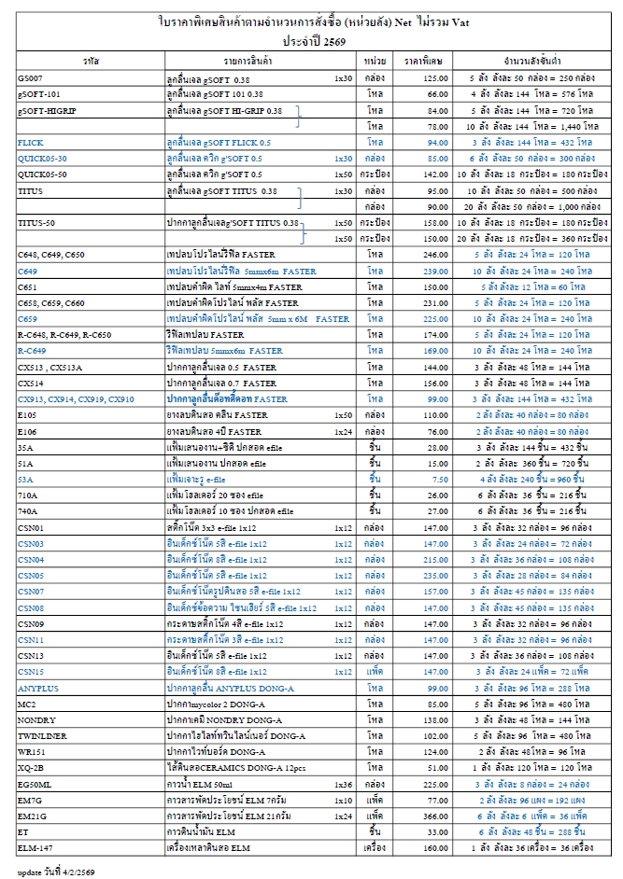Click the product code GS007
(30, 78)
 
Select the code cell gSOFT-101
(39, 94)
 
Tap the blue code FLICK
(31, 142)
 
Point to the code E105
(27, 413)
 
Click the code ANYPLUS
(38, 689)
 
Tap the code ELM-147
(35, 848)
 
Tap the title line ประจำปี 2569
(312, 40)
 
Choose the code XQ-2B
(30, 768)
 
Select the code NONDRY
(36, 720)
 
